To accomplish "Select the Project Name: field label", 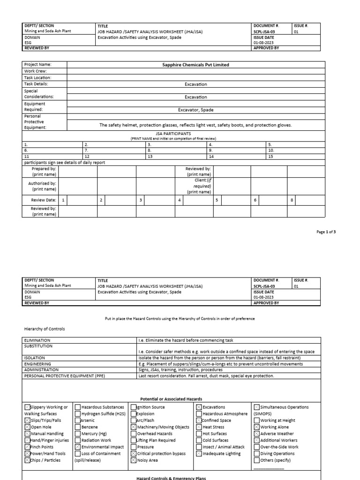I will [x=38, y=65].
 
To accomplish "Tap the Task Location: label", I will [x=38, y=78].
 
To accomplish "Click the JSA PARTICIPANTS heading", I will [x=173, y=134].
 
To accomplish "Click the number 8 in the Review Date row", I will [x=292, y=200].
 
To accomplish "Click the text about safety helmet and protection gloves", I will [x=196, y=125].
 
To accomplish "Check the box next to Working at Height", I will [x=256, y=420].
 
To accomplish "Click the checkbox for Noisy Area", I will [x=134, y=460].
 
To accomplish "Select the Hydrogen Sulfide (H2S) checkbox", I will [x=78, y=414].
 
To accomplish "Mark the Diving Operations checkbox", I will [x=256, y=454].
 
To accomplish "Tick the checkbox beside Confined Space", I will [x=199, y=420].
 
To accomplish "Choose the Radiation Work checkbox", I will [x=78, y=441].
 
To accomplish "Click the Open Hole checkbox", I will [x=27, y=427].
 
